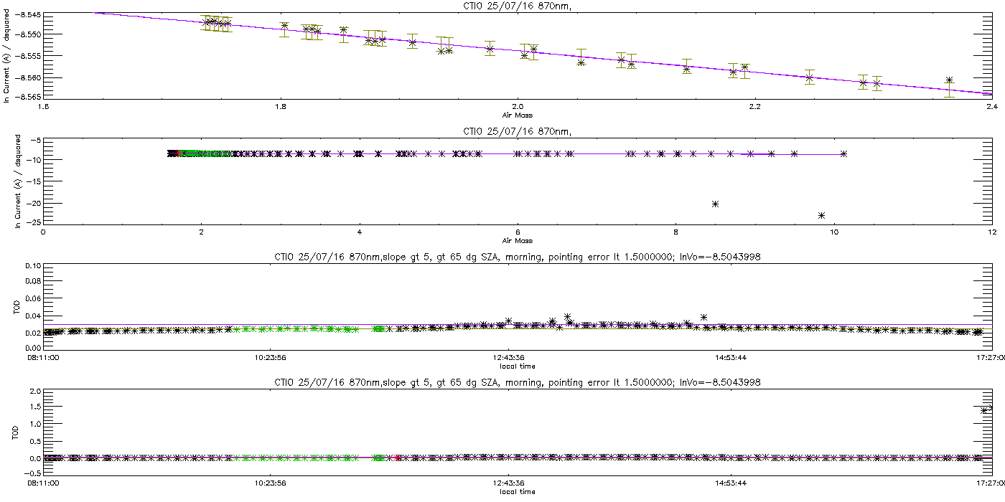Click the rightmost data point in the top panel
click(x=949, y=80)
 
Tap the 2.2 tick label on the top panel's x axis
click(x=755, y=106)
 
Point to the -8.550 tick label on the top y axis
click(x=28, y=34)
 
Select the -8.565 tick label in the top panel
click(x=28, y=96)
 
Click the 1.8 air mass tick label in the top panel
click(x=281, y=106)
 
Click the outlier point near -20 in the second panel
click(x=715, y=204)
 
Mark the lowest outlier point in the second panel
click(x=821, y=216)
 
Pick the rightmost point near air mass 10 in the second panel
click(x=843, y=153)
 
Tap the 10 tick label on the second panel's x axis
click(x=834, y=232)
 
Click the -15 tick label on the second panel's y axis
click(x=34, y=181)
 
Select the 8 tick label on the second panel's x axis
click(x=676, y=232)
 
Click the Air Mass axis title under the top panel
click(x=518, y=115)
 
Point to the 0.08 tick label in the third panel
click(x=34, y=281)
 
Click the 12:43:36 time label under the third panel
click(x=508, y=357)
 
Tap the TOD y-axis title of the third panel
click(x=17, y=308)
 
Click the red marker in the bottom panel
click(x=396, y=458)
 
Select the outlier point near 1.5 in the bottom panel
click(x=984, y=410)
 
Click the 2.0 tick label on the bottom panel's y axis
click(x=35, y=392)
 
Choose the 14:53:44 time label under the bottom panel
click(x=731, y=483)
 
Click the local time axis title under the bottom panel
click(x=518, y=492)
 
